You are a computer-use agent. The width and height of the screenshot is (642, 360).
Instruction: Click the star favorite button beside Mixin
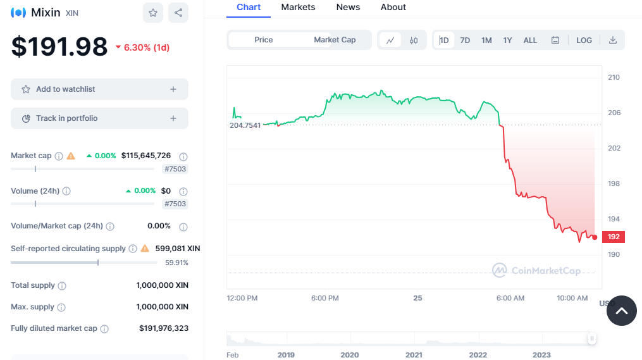pyautogui.click(x=153, y=13)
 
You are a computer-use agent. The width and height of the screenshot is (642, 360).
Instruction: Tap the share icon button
pyautogui.click(x=178, y=13)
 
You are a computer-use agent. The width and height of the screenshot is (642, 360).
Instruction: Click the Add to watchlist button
pyautogui.click(x=99, y=89)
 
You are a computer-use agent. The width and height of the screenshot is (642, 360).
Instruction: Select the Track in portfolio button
pyautogui.click(x=99, y=118)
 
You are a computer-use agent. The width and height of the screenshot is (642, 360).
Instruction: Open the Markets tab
pyautogui.click(x=298, y=8)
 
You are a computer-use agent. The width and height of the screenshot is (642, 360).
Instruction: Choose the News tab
pyautogui.click(x=348, y=8)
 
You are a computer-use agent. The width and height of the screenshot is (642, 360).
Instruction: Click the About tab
pyautogui.click(x=393, y=8)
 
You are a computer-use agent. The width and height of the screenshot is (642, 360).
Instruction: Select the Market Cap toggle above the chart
pyautogui.click(x=335, y=40)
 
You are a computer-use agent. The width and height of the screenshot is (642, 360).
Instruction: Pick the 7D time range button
pyautogui.click(x=465, y=40)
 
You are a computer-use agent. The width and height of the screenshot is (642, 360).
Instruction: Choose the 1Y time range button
pyautogui.click(x=507, y=40)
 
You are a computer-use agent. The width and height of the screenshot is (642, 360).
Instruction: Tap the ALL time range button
pyautogui.click(x=530, y=40)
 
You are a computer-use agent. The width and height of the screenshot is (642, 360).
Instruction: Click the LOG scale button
pyautogui.click(x=584, y=40)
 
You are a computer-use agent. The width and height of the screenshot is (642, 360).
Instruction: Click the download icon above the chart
pyautogui.click(x=612, y=40)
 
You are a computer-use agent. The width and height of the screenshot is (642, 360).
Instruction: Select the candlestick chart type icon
pyautogui.click(x=414, y=40)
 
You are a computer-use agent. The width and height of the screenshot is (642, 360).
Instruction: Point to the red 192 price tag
pyautogui.click(x=614, y=237)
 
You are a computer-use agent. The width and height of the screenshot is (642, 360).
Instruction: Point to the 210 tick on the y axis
pyautogui.click(x=614, y=77)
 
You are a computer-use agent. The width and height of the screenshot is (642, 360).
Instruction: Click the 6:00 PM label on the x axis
pyautogui.click(x=325, y=298)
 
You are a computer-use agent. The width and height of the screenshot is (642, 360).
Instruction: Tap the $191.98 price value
pyautogui.click(x=59, y=47)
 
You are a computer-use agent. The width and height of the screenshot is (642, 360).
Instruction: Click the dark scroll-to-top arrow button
pyautogui.click(x=621, y=311)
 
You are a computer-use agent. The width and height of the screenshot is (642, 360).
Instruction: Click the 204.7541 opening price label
pyautogui.click(x=245, y=125)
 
